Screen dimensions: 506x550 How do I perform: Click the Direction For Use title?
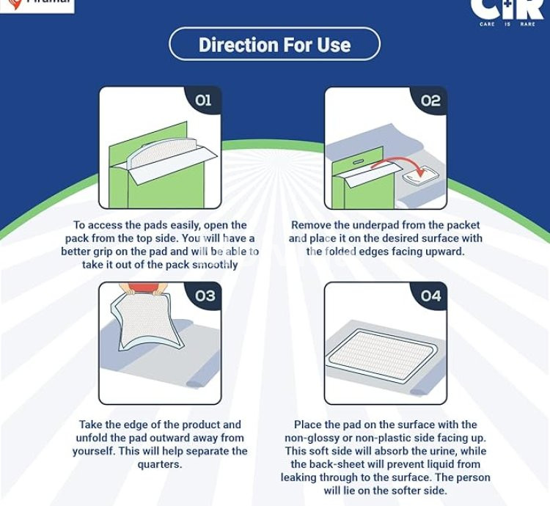click(274, 45)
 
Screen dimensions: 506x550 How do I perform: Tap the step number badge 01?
click(203, 100)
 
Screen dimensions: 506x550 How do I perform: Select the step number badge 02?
click(430, 100)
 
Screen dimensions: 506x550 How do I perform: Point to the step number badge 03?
click(205, 296)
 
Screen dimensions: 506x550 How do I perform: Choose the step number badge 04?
click(430, 296)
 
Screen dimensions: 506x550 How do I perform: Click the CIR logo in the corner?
click(507, 9)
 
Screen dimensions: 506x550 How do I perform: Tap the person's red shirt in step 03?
click(142, 287)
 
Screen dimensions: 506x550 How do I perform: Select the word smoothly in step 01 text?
click(215, 265)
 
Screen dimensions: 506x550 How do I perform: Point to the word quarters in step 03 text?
click(160, 464)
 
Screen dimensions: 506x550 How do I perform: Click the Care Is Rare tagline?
click(507, 24)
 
